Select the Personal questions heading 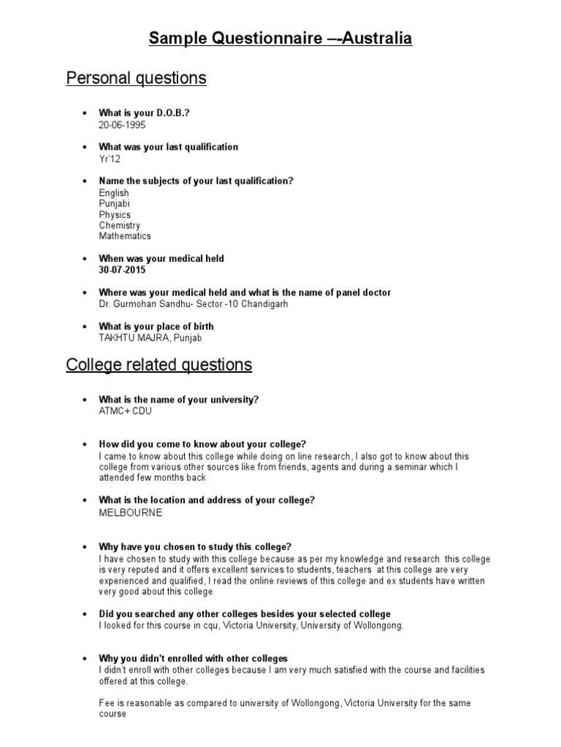pyautogui.click(x=137, y=78)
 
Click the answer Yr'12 pyautogui.click(x=110, y=158)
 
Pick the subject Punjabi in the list pyautogui.click(x=115, y=204)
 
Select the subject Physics pyautogui.click(x=115, y=215)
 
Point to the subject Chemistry pyautogui.click(x=120, y=225)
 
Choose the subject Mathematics pyautogui.click(x=125, y=236)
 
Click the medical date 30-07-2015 pyautogui.click(x=123, y=270)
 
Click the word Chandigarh pyautogui.click(x=259, y=303)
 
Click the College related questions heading pyautogui.click(x=159, y=365)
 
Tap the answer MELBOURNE pyautogui.click(x=131, y=512)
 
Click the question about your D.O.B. pyautogui.click(x=148, y=113)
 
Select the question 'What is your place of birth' pyautogui.click(x=156, y=326)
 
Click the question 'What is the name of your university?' pyautogui.click(x=179, y=400)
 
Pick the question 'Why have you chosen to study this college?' pyautogui.click(x=195, y=547)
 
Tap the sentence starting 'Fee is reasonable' pyautogui.click(x=285, y=703)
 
